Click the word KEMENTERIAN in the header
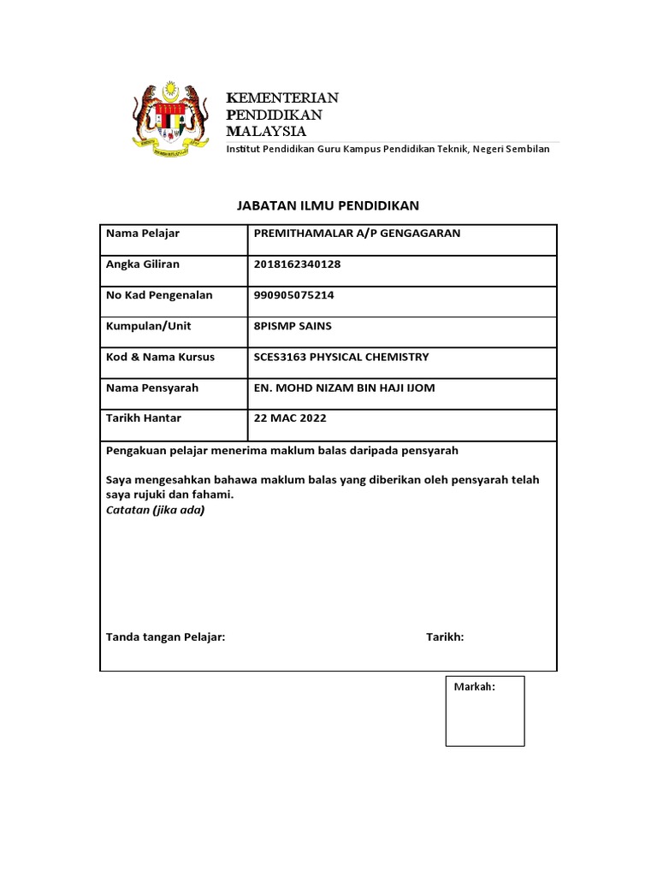click(x=282, y=98)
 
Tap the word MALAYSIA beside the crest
click(x=265, y=131)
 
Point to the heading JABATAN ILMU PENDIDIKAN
click(x=328, y=205)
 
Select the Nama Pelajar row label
click(x=143, y=234)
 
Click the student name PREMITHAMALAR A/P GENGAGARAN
click(x=357, y=234)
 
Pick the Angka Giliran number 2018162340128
click(x=297, y=264)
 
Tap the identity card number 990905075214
click(x=294, y=295)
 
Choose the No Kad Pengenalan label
click(x=159, y=295)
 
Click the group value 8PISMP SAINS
click(x=293, y=326)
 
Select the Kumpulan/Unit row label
click(x=149, y=326)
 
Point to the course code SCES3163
click(x=281, y=357)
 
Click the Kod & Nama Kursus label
click(x=160, y=357)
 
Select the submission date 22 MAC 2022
click(x=290, y=418)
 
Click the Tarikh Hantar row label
click(x=144, y=418)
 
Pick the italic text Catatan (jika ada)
click(x=155, y=510)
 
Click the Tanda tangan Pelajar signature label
click(x=165, y=637)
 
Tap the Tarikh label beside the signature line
click(x=445, y=637)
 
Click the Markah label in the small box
click(x=475, y=687)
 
